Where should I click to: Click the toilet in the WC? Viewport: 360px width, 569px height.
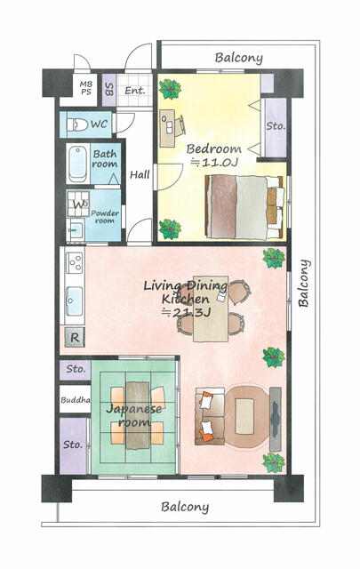(77, 124)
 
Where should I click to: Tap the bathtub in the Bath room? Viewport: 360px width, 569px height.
(77, 163)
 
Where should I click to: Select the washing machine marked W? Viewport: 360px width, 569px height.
(78, 204)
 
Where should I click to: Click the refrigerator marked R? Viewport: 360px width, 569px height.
(75, 338)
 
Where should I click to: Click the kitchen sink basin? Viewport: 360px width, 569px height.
(75, 301)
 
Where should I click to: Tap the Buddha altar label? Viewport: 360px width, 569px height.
(76, 400)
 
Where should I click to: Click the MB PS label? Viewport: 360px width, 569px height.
(86, 88)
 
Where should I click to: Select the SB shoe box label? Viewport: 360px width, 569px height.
(108, 89)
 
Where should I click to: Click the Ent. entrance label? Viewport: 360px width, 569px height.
(134, 91)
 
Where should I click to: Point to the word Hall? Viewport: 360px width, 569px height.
(140, 174)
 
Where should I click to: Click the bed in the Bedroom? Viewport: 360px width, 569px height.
(244, 207)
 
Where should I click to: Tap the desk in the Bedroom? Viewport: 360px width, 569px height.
(168, 128)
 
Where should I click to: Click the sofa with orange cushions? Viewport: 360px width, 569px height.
(210, 416)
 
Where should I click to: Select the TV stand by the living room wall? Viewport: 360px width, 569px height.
(276, 419)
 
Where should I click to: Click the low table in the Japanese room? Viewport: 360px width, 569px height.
(138, 415)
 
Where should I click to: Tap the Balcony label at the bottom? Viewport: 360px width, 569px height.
(185, 507)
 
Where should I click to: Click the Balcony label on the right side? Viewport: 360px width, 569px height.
(304, 284)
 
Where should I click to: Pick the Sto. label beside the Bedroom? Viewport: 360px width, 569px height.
(276, 126)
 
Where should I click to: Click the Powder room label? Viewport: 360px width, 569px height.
(105, 216)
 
